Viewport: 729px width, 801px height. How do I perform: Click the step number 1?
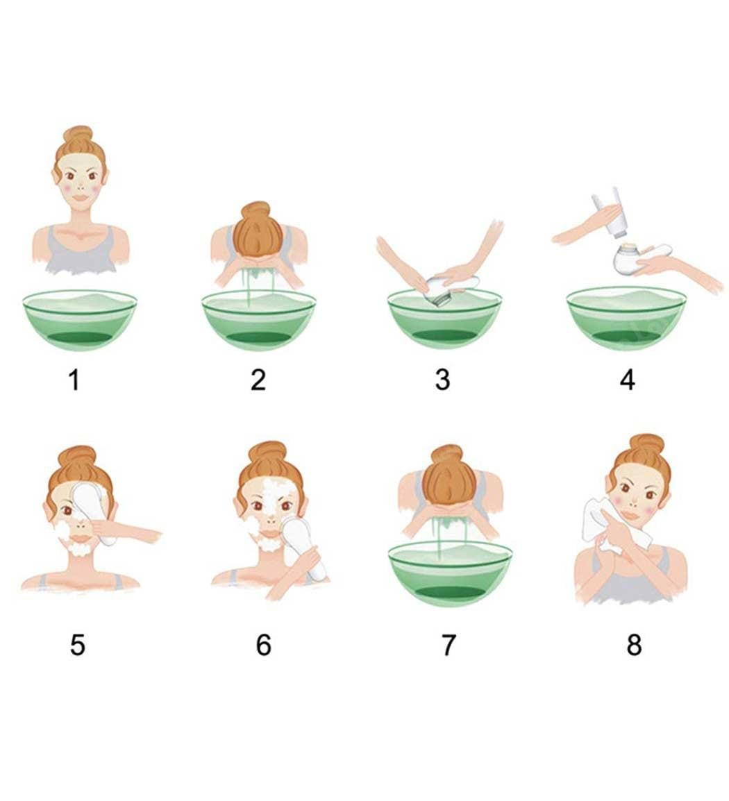74,380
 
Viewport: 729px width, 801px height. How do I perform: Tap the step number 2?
258,380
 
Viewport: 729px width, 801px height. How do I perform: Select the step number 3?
442,380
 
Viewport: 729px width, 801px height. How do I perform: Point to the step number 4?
628,380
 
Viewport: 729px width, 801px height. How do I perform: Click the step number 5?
77,645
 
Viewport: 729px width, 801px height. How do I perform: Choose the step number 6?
263,645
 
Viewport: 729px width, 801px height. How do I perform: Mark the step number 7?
448,645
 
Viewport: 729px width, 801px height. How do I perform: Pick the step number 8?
634,645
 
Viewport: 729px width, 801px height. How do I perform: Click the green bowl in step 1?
80,319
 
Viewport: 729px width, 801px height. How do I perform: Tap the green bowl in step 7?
450,572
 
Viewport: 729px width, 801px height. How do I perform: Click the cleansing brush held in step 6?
301,546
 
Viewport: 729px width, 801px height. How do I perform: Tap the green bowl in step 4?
626,318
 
